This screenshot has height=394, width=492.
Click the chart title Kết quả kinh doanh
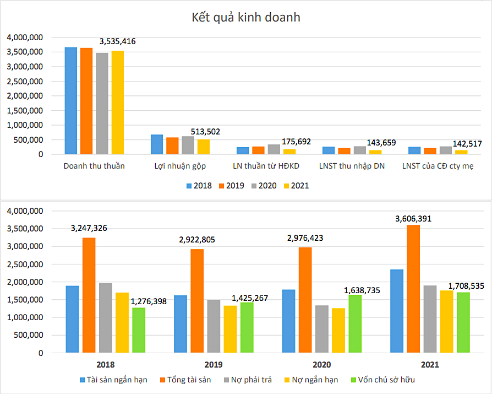coord(245,17)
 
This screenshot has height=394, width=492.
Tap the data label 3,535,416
coord(117,41)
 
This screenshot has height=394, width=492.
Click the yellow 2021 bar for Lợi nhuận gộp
coord(204,147)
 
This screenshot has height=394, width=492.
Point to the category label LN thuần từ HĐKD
coord(266,166)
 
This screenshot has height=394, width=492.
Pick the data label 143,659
coord(377,143)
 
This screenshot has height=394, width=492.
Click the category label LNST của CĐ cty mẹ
coord(438,166)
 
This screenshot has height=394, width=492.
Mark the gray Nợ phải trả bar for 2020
coord(322,328)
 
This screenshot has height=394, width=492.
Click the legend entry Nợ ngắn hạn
coord(313,380)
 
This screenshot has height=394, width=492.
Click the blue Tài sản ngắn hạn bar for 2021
coord(396,311)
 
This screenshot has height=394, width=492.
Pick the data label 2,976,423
coord(306,239)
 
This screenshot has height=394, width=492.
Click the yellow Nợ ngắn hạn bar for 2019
coord(230,328)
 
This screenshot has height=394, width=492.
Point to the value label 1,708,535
coord(466,286)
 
